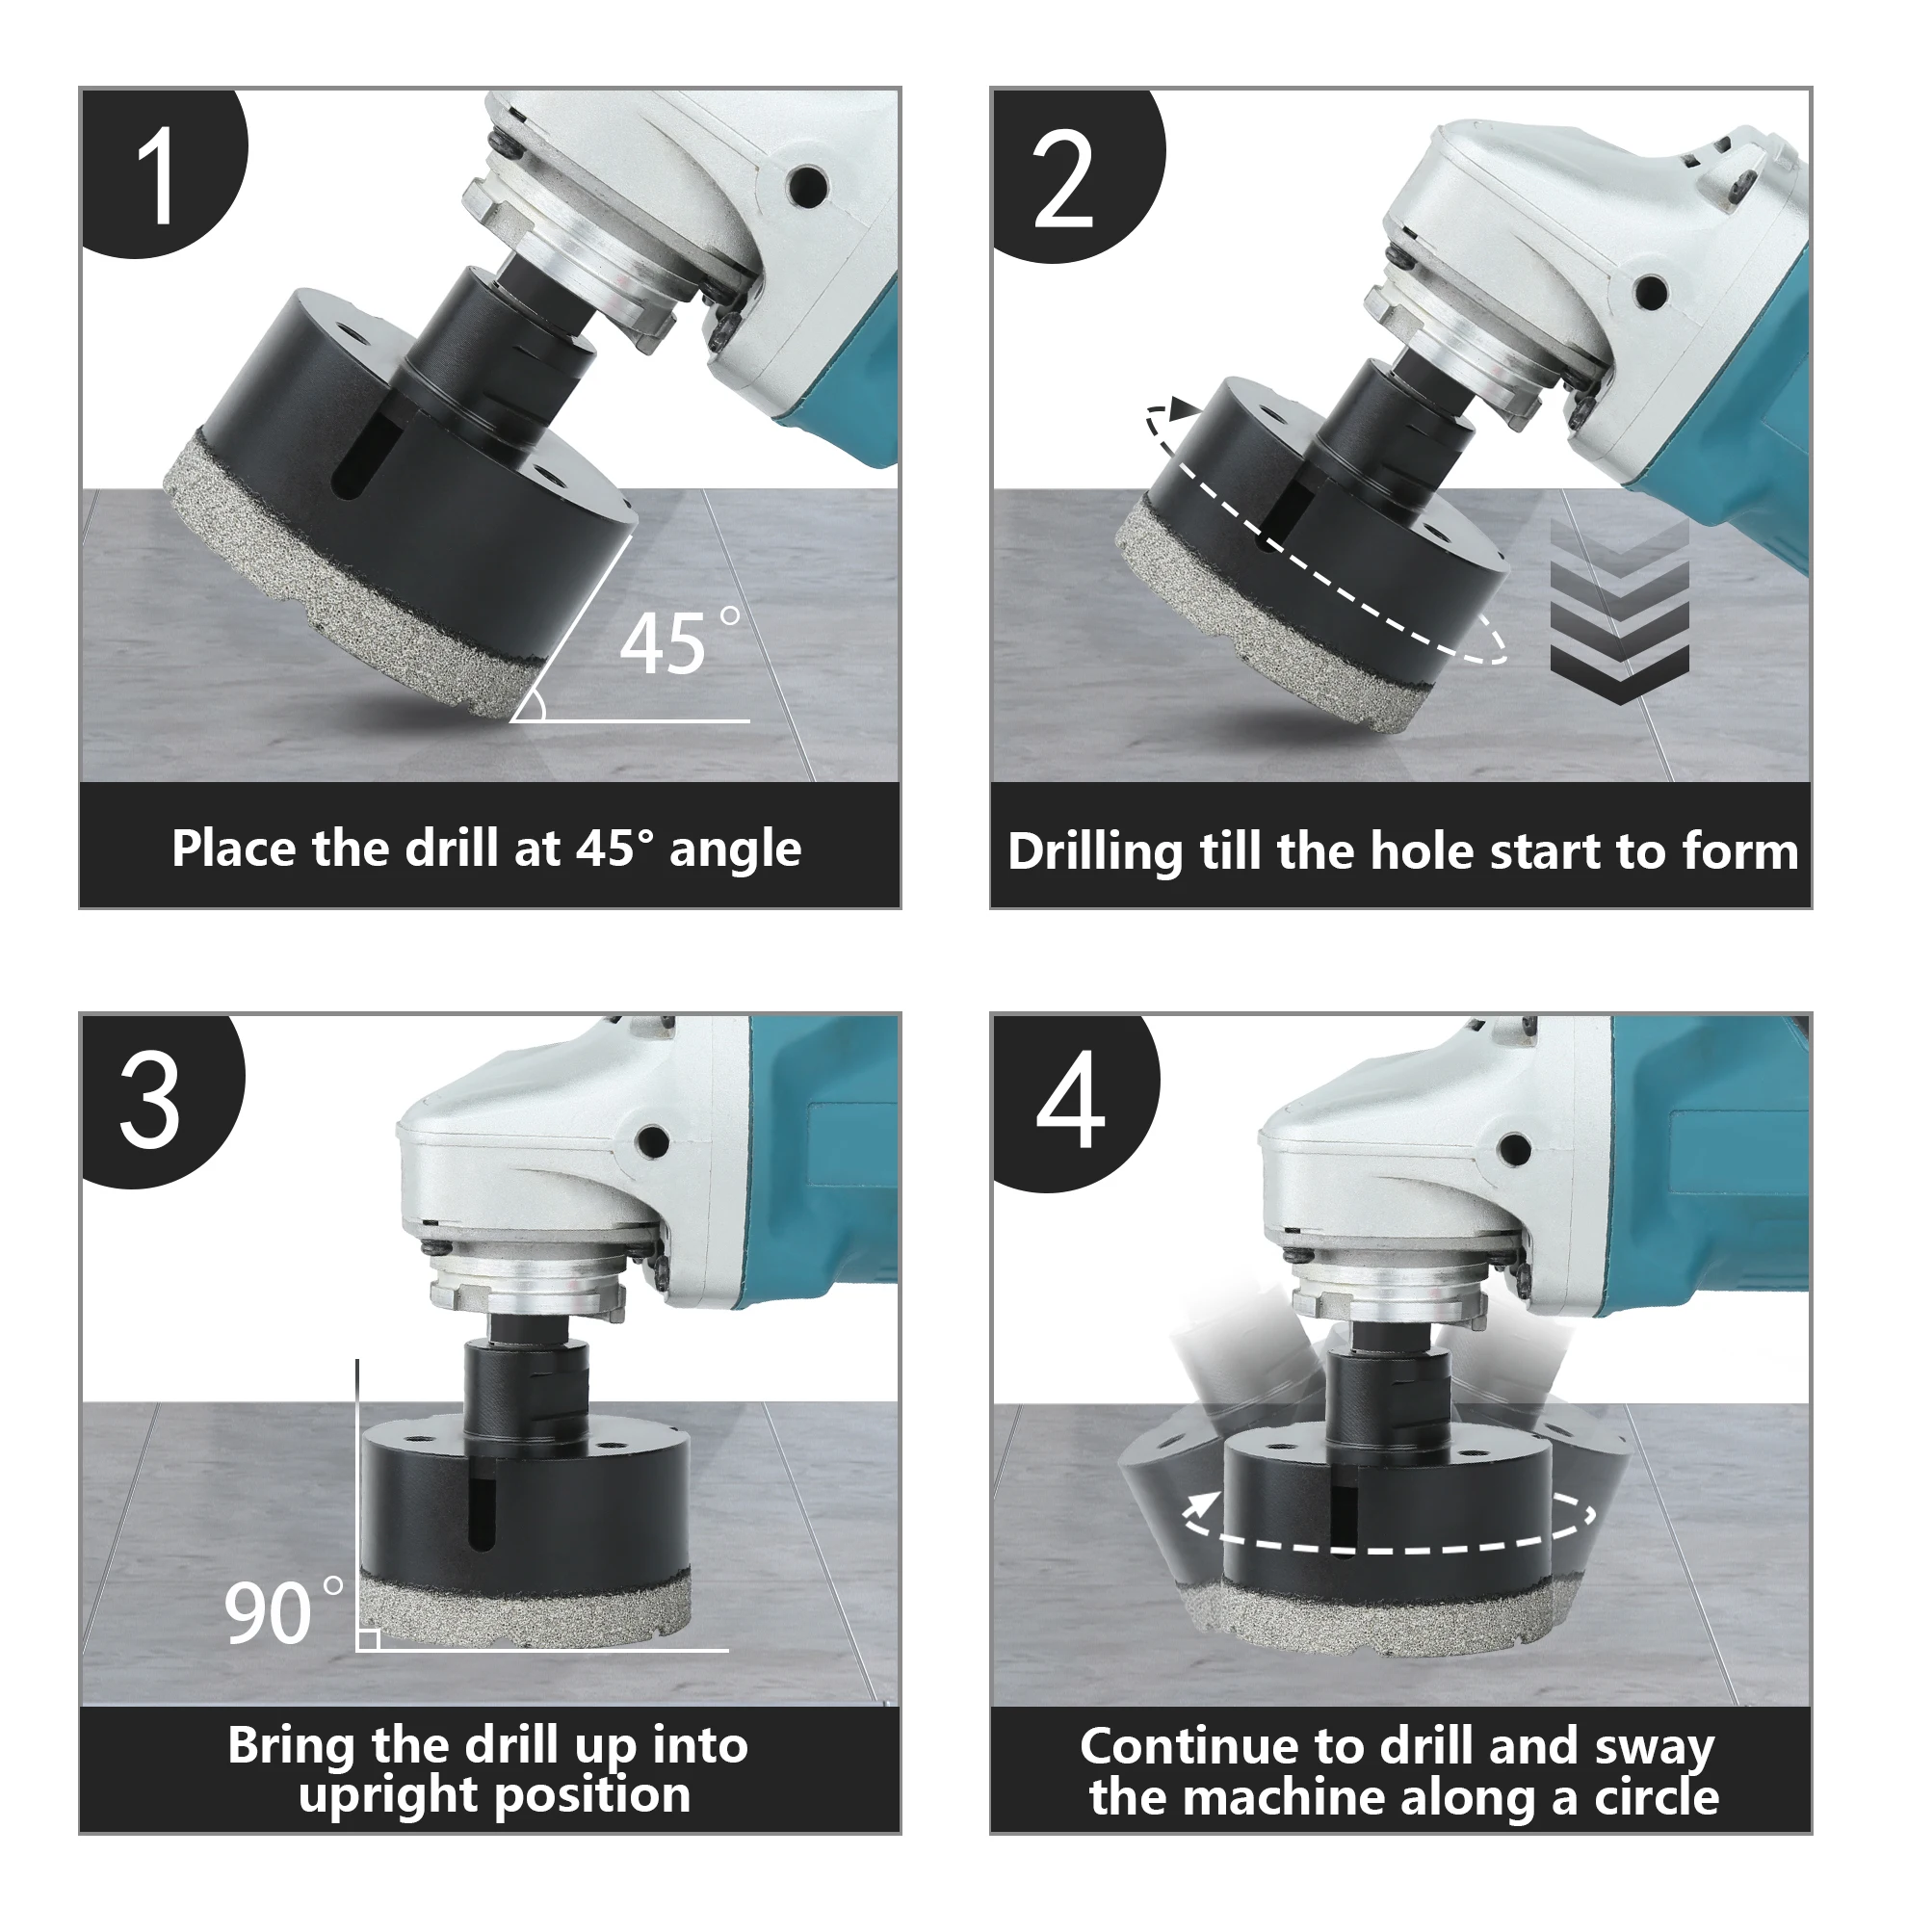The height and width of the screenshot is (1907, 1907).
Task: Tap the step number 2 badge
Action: (1071, 172)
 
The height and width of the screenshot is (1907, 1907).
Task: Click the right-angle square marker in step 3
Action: (368, 1639)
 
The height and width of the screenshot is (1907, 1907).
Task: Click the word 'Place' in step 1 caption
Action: (233, 849)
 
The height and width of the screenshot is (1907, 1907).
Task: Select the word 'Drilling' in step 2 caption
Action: (1095, 851)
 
